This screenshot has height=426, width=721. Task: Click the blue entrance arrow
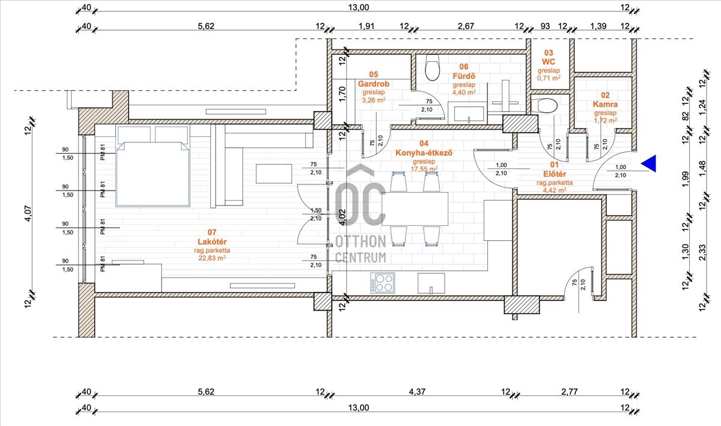(x=648, y=163)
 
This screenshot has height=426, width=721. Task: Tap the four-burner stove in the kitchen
(x=382, y=283)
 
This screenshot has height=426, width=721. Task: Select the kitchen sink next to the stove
(x=431, y=284)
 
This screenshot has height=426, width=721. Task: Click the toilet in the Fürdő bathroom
(x=432, y=67)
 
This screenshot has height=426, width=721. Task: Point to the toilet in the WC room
(x=543, y=105)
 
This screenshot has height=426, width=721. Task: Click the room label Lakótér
(x=212, y=242)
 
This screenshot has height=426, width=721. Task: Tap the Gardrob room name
(x=374, y=84)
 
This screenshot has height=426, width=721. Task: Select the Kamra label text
(x=605, y=105)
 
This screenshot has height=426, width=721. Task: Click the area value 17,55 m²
(x=424, y=169)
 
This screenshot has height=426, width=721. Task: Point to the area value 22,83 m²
(x=211, y=258)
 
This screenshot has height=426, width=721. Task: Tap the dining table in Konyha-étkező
(x=415, y=208)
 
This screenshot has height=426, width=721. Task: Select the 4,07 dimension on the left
(x=28, y=213)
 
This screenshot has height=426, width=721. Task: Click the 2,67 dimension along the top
(x=466, y=26)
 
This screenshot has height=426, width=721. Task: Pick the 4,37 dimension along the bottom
(x=417, y=392)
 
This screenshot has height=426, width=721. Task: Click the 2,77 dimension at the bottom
(x=570, y=392)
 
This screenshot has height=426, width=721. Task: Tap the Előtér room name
(x=555, y=174)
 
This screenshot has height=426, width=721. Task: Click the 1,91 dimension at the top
(x=367, y=26)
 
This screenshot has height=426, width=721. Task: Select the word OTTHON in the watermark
(x=360, y=241)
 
